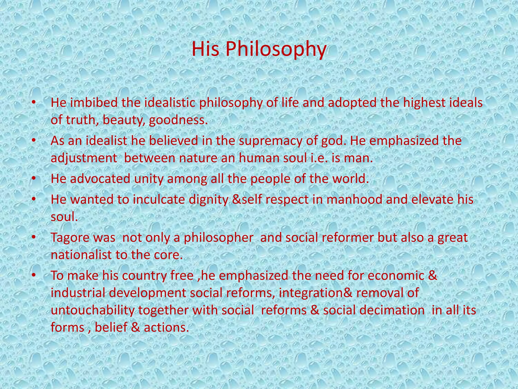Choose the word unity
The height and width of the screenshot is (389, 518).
[x=149, y=179]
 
